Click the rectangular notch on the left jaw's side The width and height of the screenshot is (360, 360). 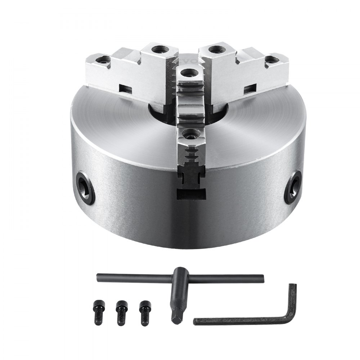125,87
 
